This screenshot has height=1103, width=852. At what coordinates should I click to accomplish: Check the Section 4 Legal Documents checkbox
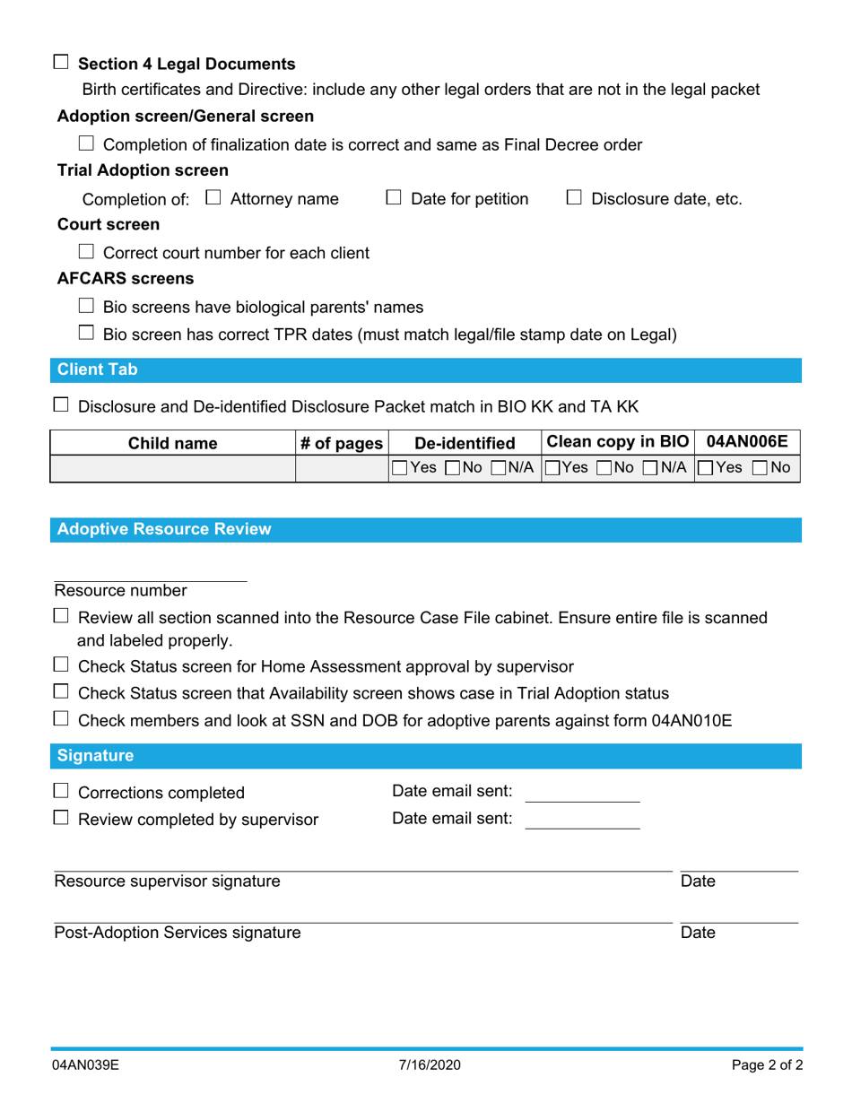[61, 63]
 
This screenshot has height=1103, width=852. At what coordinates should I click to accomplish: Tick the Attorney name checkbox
[213, 197]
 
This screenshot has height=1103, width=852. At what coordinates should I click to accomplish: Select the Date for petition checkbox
[394, 197]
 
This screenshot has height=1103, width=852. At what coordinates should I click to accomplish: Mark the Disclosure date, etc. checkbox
[575, 197]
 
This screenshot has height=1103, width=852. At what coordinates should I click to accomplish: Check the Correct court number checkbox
[86, 252]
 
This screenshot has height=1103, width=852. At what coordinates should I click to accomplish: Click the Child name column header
[172, 443]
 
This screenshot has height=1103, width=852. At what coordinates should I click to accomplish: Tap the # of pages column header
[341, 443]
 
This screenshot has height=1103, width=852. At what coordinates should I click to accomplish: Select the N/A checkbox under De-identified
[499, 468]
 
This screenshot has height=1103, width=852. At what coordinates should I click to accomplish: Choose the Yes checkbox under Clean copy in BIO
[552, 468]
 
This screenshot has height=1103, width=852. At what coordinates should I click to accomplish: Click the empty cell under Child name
[172, 468]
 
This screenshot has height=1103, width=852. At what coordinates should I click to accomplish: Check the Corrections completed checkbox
[61, 791]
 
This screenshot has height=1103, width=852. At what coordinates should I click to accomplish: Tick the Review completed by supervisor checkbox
[61, 818]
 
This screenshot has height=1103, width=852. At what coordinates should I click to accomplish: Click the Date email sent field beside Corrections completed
[581, 793]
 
